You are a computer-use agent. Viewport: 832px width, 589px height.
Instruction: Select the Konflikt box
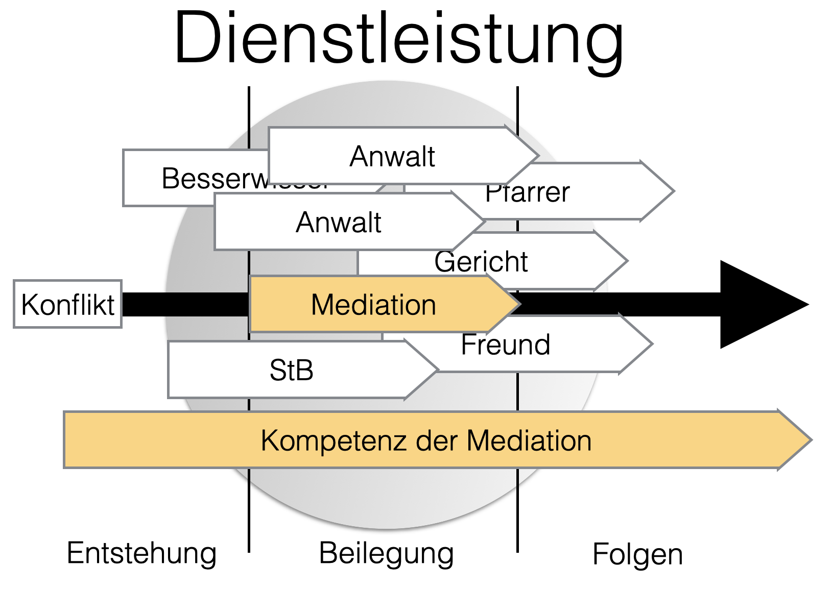tap(67, 304)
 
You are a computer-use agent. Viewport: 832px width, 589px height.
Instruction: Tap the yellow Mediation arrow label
tap(373, 305)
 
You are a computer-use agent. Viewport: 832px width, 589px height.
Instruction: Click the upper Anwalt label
tap(392, 156)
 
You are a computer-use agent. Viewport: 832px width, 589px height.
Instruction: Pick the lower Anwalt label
tap(338, 223)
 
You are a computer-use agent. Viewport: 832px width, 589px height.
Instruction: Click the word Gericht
tap(481, 262)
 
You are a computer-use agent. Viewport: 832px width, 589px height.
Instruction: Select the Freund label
tap(505, 345)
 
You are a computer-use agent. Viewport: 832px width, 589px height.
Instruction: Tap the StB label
tap(291, 370)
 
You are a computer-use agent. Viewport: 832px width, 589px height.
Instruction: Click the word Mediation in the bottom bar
tap(529, 440)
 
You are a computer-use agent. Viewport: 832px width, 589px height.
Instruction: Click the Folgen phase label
tap(637, 555)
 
